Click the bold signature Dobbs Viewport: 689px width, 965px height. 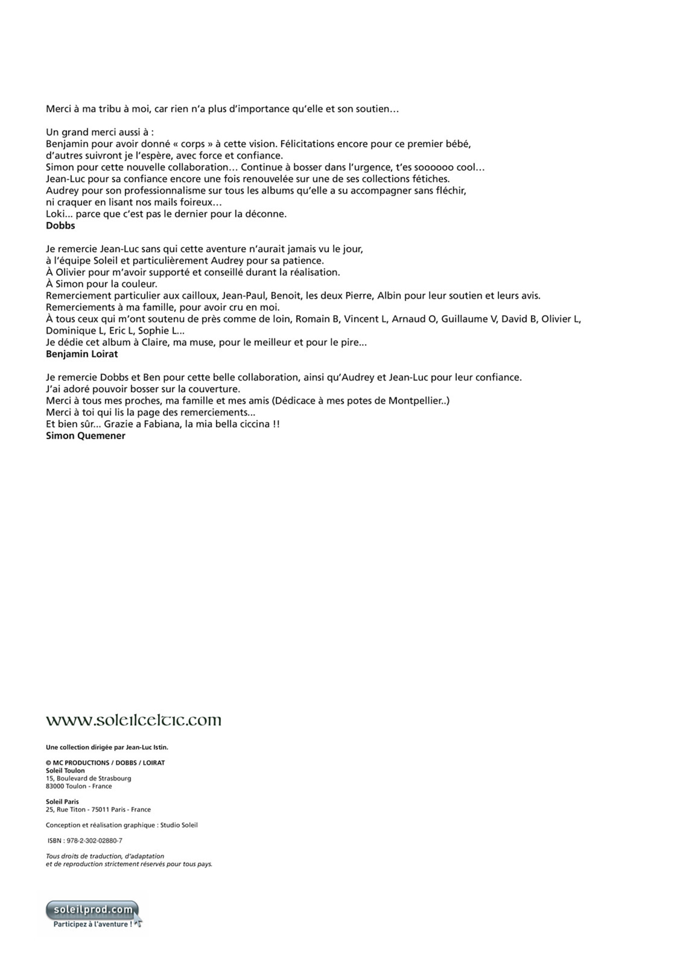[60, 226]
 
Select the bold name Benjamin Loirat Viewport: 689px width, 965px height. [82, 354]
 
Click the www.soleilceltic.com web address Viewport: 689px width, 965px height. [133, 720]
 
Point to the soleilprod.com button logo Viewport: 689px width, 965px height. [93, 909]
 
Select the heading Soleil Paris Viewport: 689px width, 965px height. [62, 802]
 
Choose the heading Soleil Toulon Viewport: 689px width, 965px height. [65, 770]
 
